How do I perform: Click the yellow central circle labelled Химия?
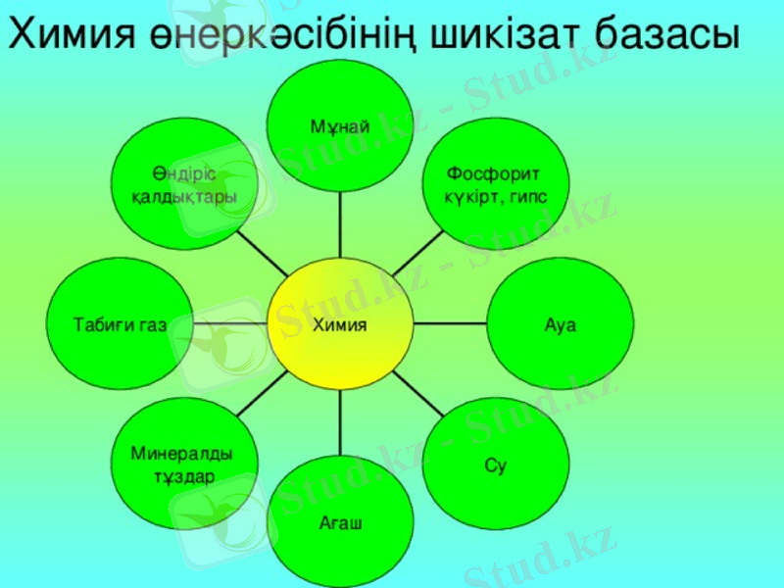coord(340,324)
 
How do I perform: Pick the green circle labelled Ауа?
coord(561,324)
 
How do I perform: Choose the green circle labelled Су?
coord(496,465)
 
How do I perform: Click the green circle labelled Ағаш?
coord(340,523)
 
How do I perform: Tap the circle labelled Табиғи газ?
coord(120,324)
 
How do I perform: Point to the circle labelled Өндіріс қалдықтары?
coord(183,183)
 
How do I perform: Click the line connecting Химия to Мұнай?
coord(340,224)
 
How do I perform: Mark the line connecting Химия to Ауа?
coord(450,322)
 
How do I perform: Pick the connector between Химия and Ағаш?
coord(340,422)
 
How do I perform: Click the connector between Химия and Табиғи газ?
coord(230,322)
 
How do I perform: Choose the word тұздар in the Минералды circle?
coord(183,476)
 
